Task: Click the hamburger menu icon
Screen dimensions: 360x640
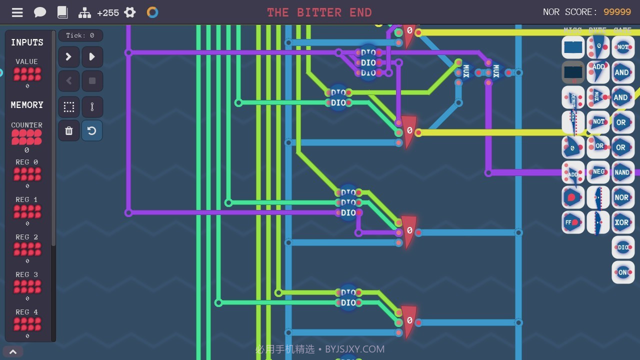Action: coord(17,12)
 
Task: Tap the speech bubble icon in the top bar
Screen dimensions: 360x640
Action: coord(40,12)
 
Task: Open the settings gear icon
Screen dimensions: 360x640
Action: coord(130,12)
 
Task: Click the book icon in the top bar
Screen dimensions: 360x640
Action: coord(62,12)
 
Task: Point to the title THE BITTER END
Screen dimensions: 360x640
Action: coord(319,12)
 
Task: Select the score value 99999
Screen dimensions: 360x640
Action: coord(617,12)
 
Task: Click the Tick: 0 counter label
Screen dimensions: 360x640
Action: coord(80,35)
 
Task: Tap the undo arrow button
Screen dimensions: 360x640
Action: coord(91,130)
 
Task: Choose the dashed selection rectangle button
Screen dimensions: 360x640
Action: coord(69,106)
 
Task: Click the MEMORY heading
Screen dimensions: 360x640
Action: coord(27,105)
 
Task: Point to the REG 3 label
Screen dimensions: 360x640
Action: coord(26,274)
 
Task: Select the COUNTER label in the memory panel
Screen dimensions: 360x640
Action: coord(26,125)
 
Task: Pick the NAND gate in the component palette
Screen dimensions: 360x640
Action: coord(622,172)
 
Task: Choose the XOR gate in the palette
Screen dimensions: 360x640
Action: coord(622,222)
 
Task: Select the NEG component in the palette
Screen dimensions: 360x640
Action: coord(598,172)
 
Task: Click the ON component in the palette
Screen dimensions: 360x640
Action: coord(623,272)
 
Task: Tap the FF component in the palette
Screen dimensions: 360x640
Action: coord(572,222)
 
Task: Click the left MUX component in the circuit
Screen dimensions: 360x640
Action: coord(466,71)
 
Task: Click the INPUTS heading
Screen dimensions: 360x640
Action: coord(27,42)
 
